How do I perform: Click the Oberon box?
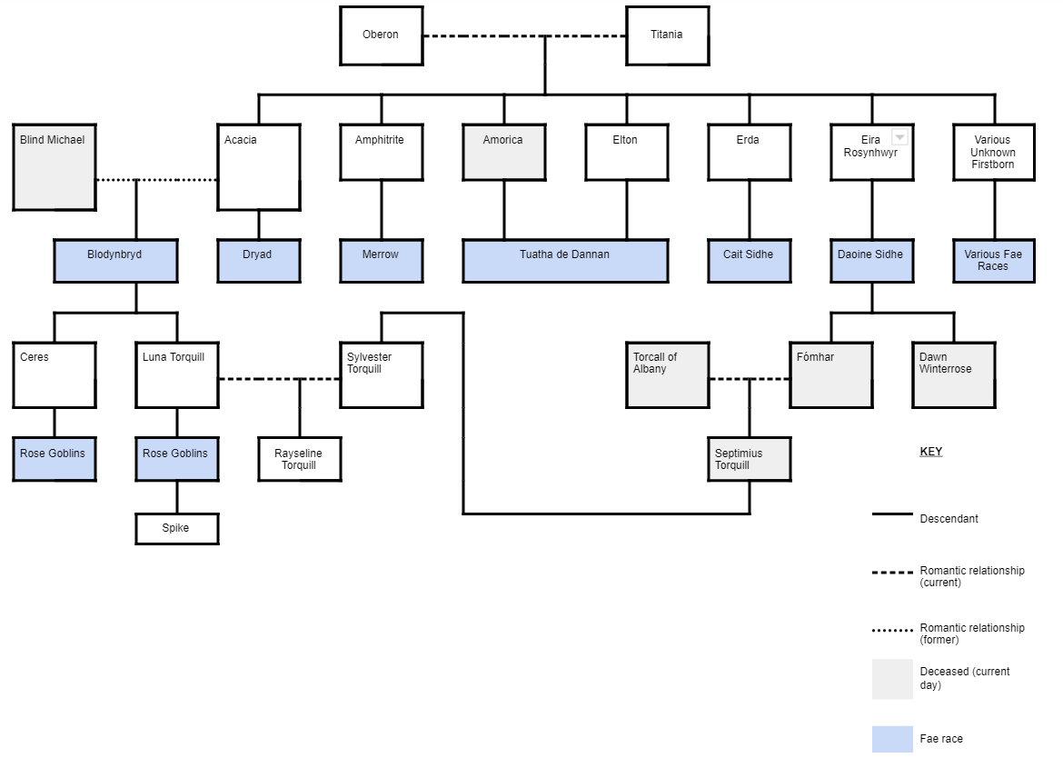[381, 35]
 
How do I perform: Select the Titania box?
[667, 35]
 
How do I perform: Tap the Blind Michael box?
[55, 167]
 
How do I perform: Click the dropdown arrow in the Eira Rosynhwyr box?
[899, 137]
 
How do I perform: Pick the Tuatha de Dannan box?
[565, 261]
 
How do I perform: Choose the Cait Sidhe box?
[749, 261]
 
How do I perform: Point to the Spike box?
[176, 529]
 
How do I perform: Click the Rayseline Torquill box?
[299, 459]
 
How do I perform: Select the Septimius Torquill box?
[749, 459]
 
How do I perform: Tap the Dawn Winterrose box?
[953, 374]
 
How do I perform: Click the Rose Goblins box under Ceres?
[54, 459]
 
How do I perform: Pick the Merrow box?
[381, 261]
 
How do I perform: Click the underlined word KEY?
[931, 452]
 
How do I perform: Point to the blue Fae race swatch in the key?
[892, 739]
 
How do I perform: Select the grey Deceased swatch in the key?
[892, 679]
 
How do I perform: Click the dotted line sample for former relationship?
[892, 630]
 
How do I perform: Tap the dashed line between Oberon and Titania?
[482, 36]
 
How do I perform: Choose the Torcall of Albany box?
[667, 374]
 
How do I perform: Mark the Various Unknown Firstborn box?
[994, 153]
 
